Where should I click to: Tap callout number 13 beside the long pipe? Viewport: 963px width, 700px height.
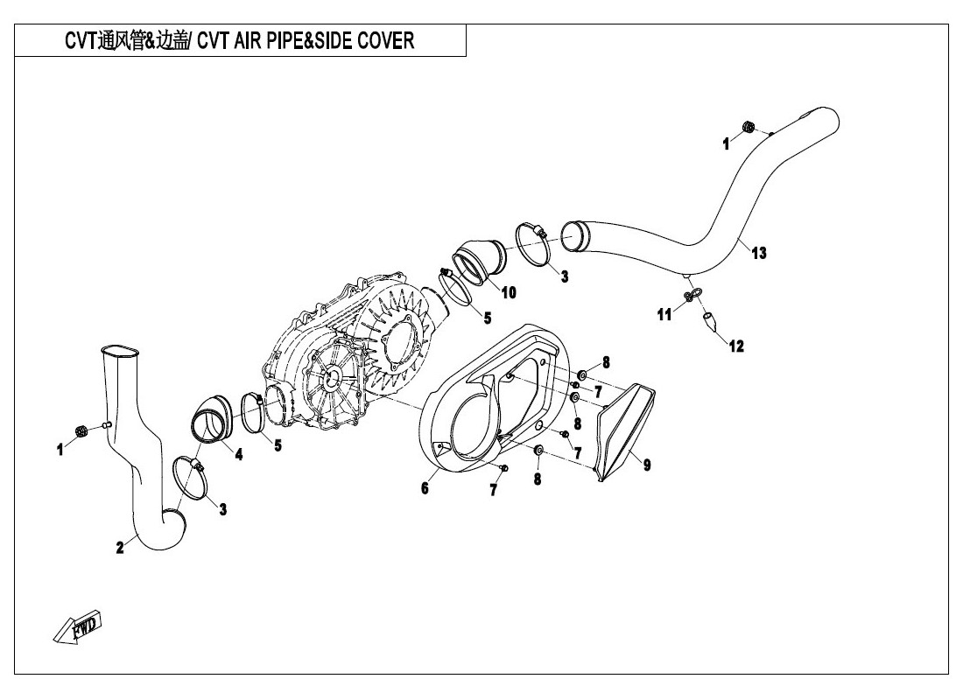758,254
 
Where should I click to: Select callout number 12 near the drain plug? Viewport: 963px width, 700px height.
736,346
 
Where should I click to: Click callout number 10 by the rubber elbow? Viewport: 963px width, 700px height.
509,291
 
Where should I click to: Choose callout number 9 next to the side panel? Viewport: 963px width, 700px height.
647,465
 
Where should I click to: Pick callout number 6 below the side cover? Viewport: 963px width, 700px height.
425,488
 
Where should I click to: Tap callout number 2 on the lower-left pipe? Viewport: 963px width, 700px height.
120,548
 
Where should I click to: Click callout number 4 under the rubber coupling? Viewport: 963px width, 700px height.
238,454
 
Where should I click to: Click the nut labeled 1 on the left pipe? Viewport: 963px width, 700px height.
81,430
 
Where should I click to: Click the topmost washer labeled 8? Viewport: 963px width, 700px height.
582,364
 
